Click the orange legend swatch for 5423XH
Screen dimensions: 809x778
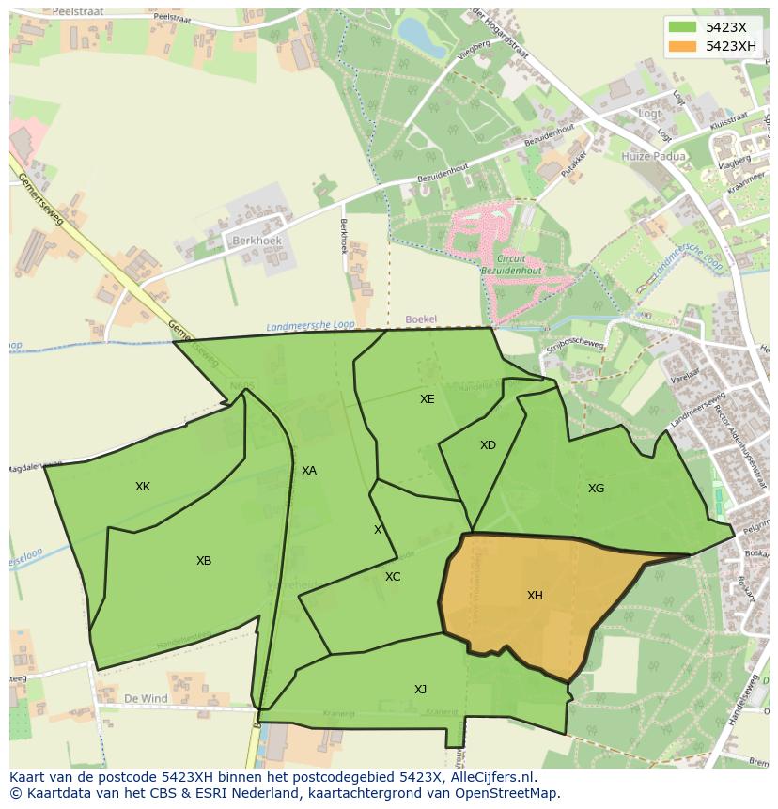683,46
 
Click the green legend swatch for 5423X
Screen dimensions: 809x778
683,27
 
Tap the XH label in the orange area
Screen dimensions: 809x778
535,596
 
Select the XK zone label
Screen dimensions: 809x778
143,487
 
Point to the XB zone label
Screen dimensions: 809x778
204,561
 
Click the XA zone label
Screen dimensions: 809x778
309,471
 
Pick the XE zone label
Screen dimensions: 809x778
428,399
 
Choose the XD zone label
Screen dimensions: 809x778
488,445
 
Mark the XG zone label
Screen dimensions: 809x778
596,489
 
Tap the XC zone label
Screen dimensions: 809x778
393,577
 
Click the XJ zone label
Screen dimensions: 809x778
420,690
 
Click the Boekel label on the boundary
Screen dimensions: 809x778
421,319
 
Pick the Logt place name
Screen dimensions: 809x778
649,114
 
